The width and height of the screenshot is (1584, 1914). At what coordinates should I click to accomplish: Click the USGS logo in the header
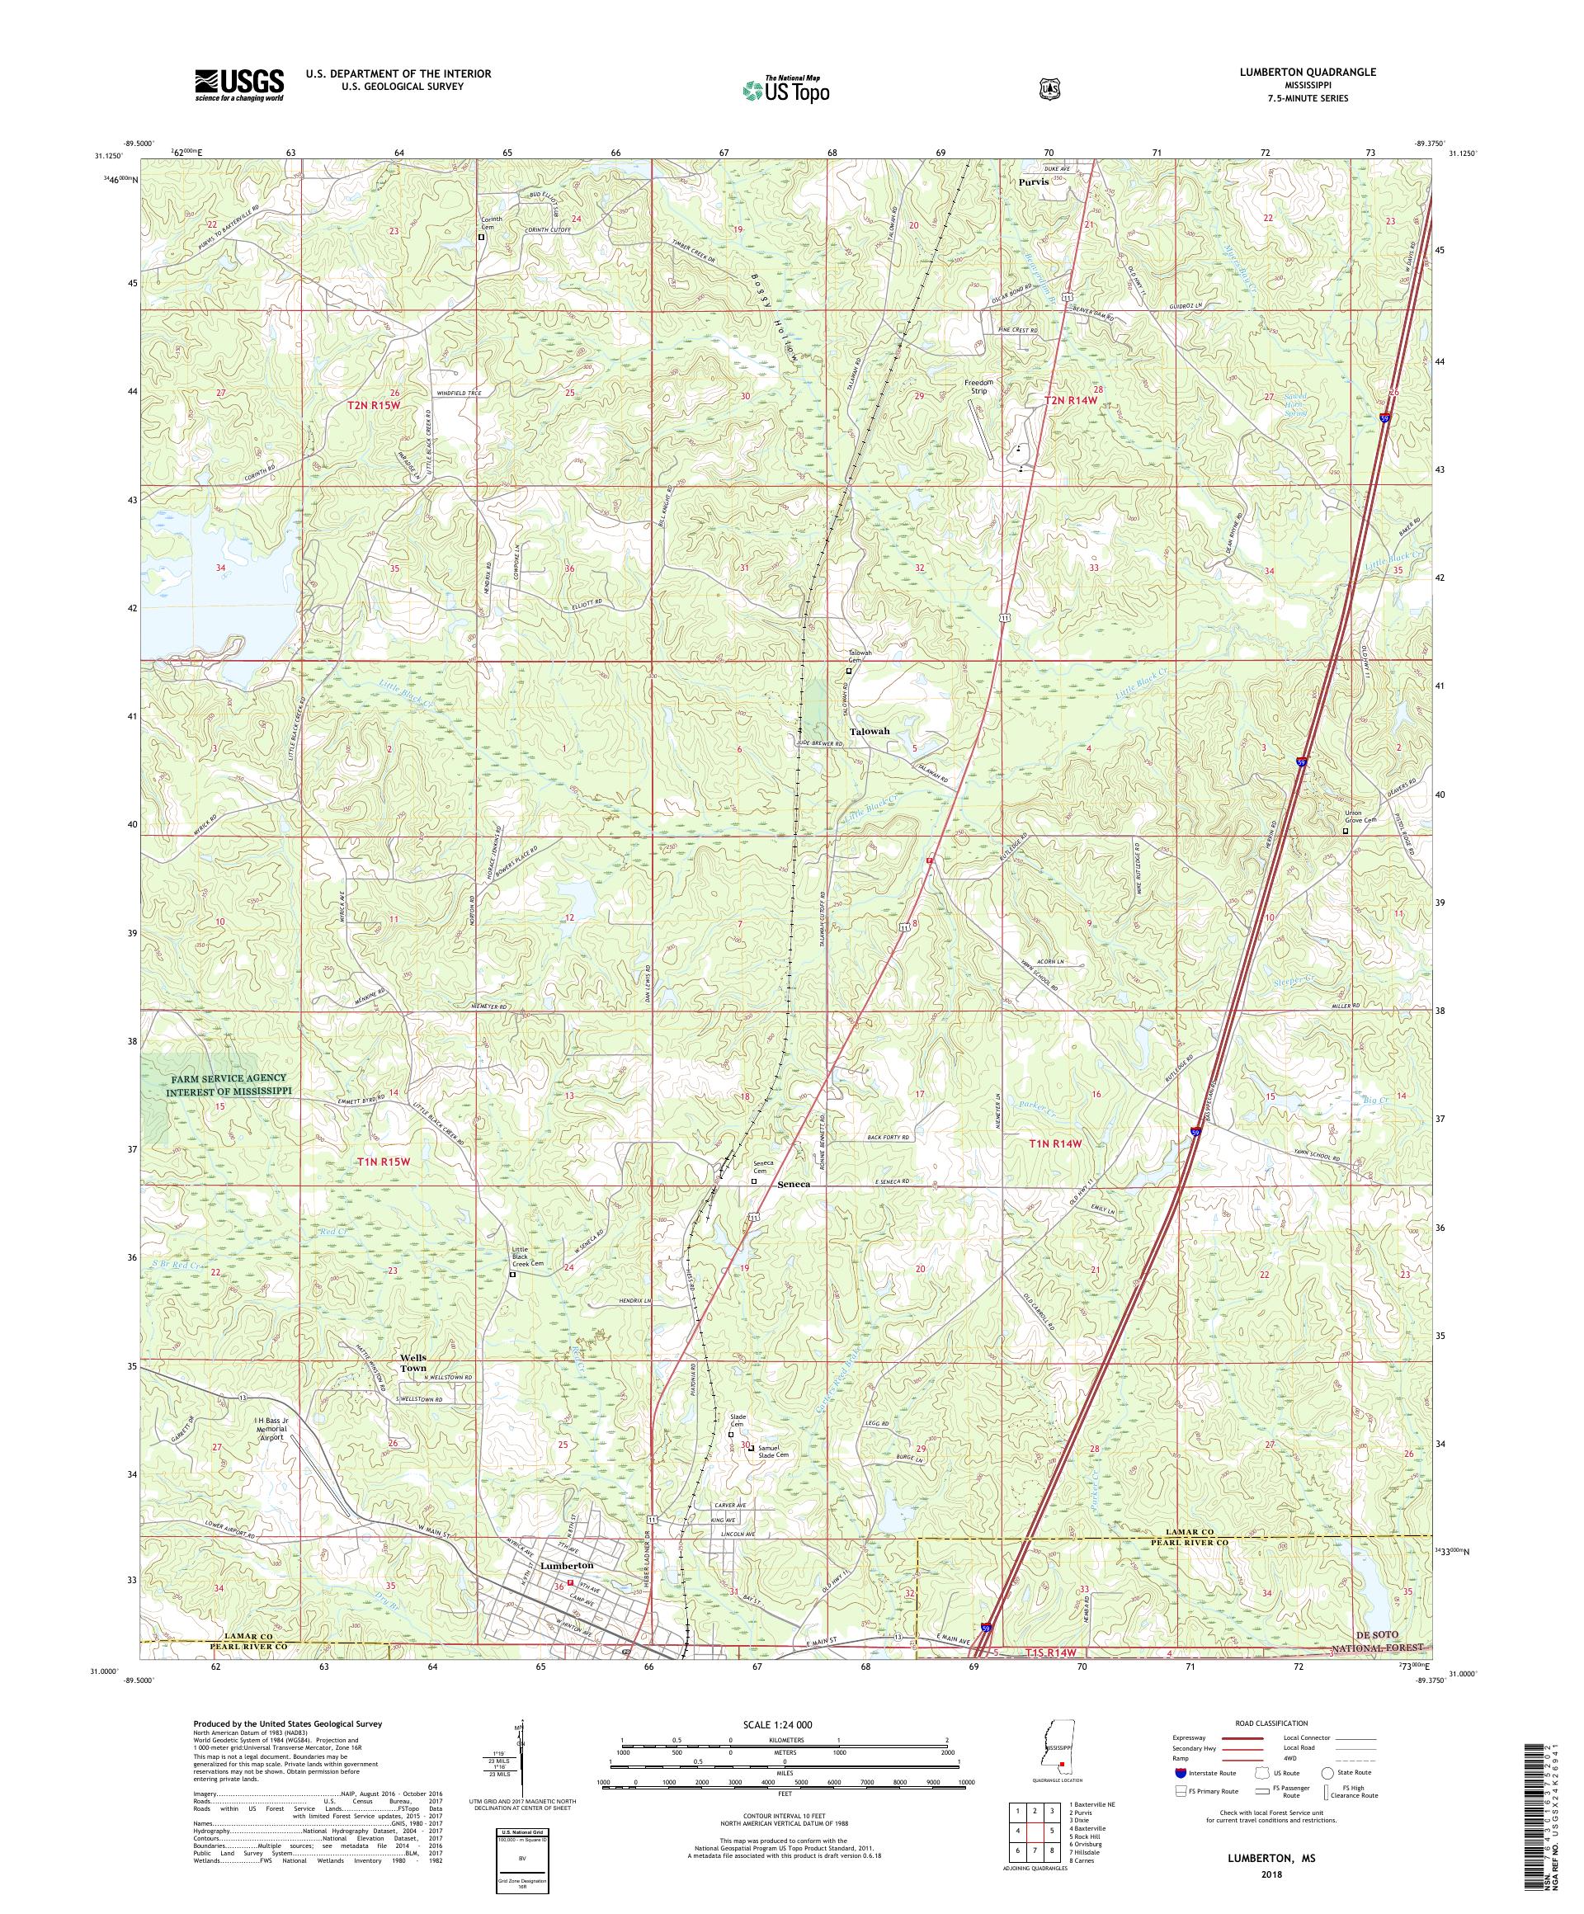coord(238,86)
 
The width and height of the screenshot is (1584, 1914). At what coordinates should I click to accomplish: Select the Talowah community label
coord(869,731)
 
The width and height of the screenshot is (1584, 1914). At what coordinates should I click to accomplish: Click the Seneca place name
coord(794,1184)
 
